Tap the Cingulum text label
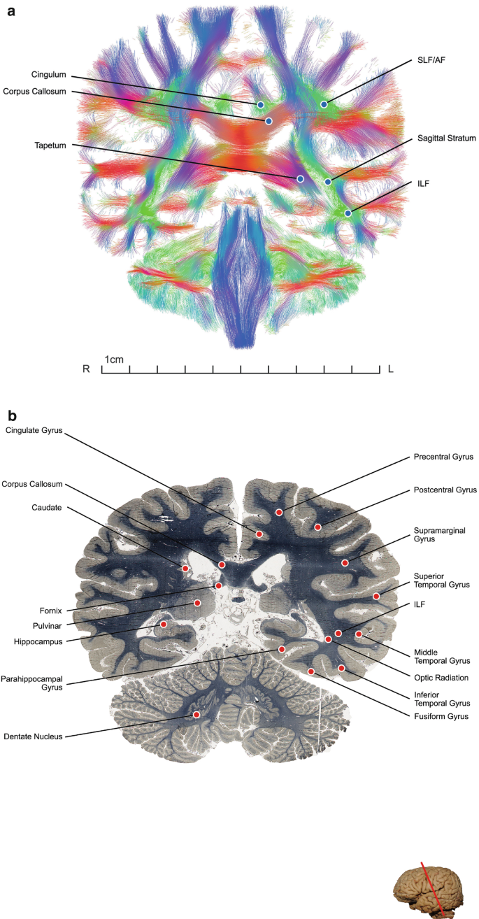50,73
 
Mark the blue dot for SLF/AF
324,104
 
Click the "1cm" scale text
114,359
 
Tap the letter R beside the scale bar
86,369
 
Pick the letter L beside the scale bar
390,369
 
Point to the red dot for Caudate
185,569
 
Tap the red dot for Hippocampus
164,624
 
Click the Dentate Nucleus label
33,736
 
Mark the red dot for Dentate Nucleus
196,715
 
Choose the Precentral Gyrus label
443,457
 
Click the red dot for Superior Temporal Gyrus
376,596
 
